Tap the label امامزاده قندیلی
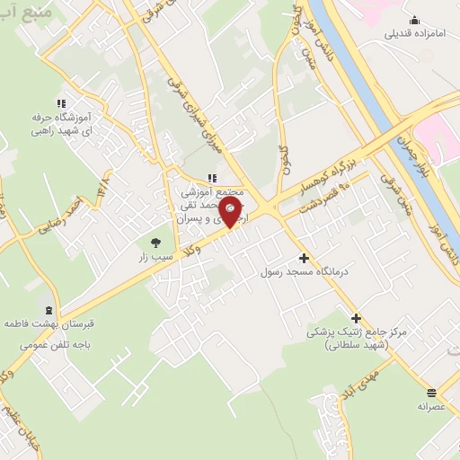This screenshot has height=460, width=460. [414, 35]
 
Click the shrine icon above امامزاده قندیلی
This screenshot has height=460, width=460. [414, 20]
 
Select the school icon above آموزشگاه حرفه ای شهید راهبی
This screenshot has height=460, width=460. [61, 103]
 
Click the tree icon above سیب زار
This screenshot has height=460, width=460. [155, 242]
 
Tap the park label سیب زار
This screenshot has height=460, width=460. [154, 257]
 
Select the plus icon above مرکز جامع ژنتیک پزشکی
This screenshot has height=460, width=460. [357, 317]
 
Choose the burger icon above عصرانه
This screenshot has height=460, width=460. [432, 392]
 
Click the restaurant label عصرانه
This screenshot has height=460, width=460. [430, 406]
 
